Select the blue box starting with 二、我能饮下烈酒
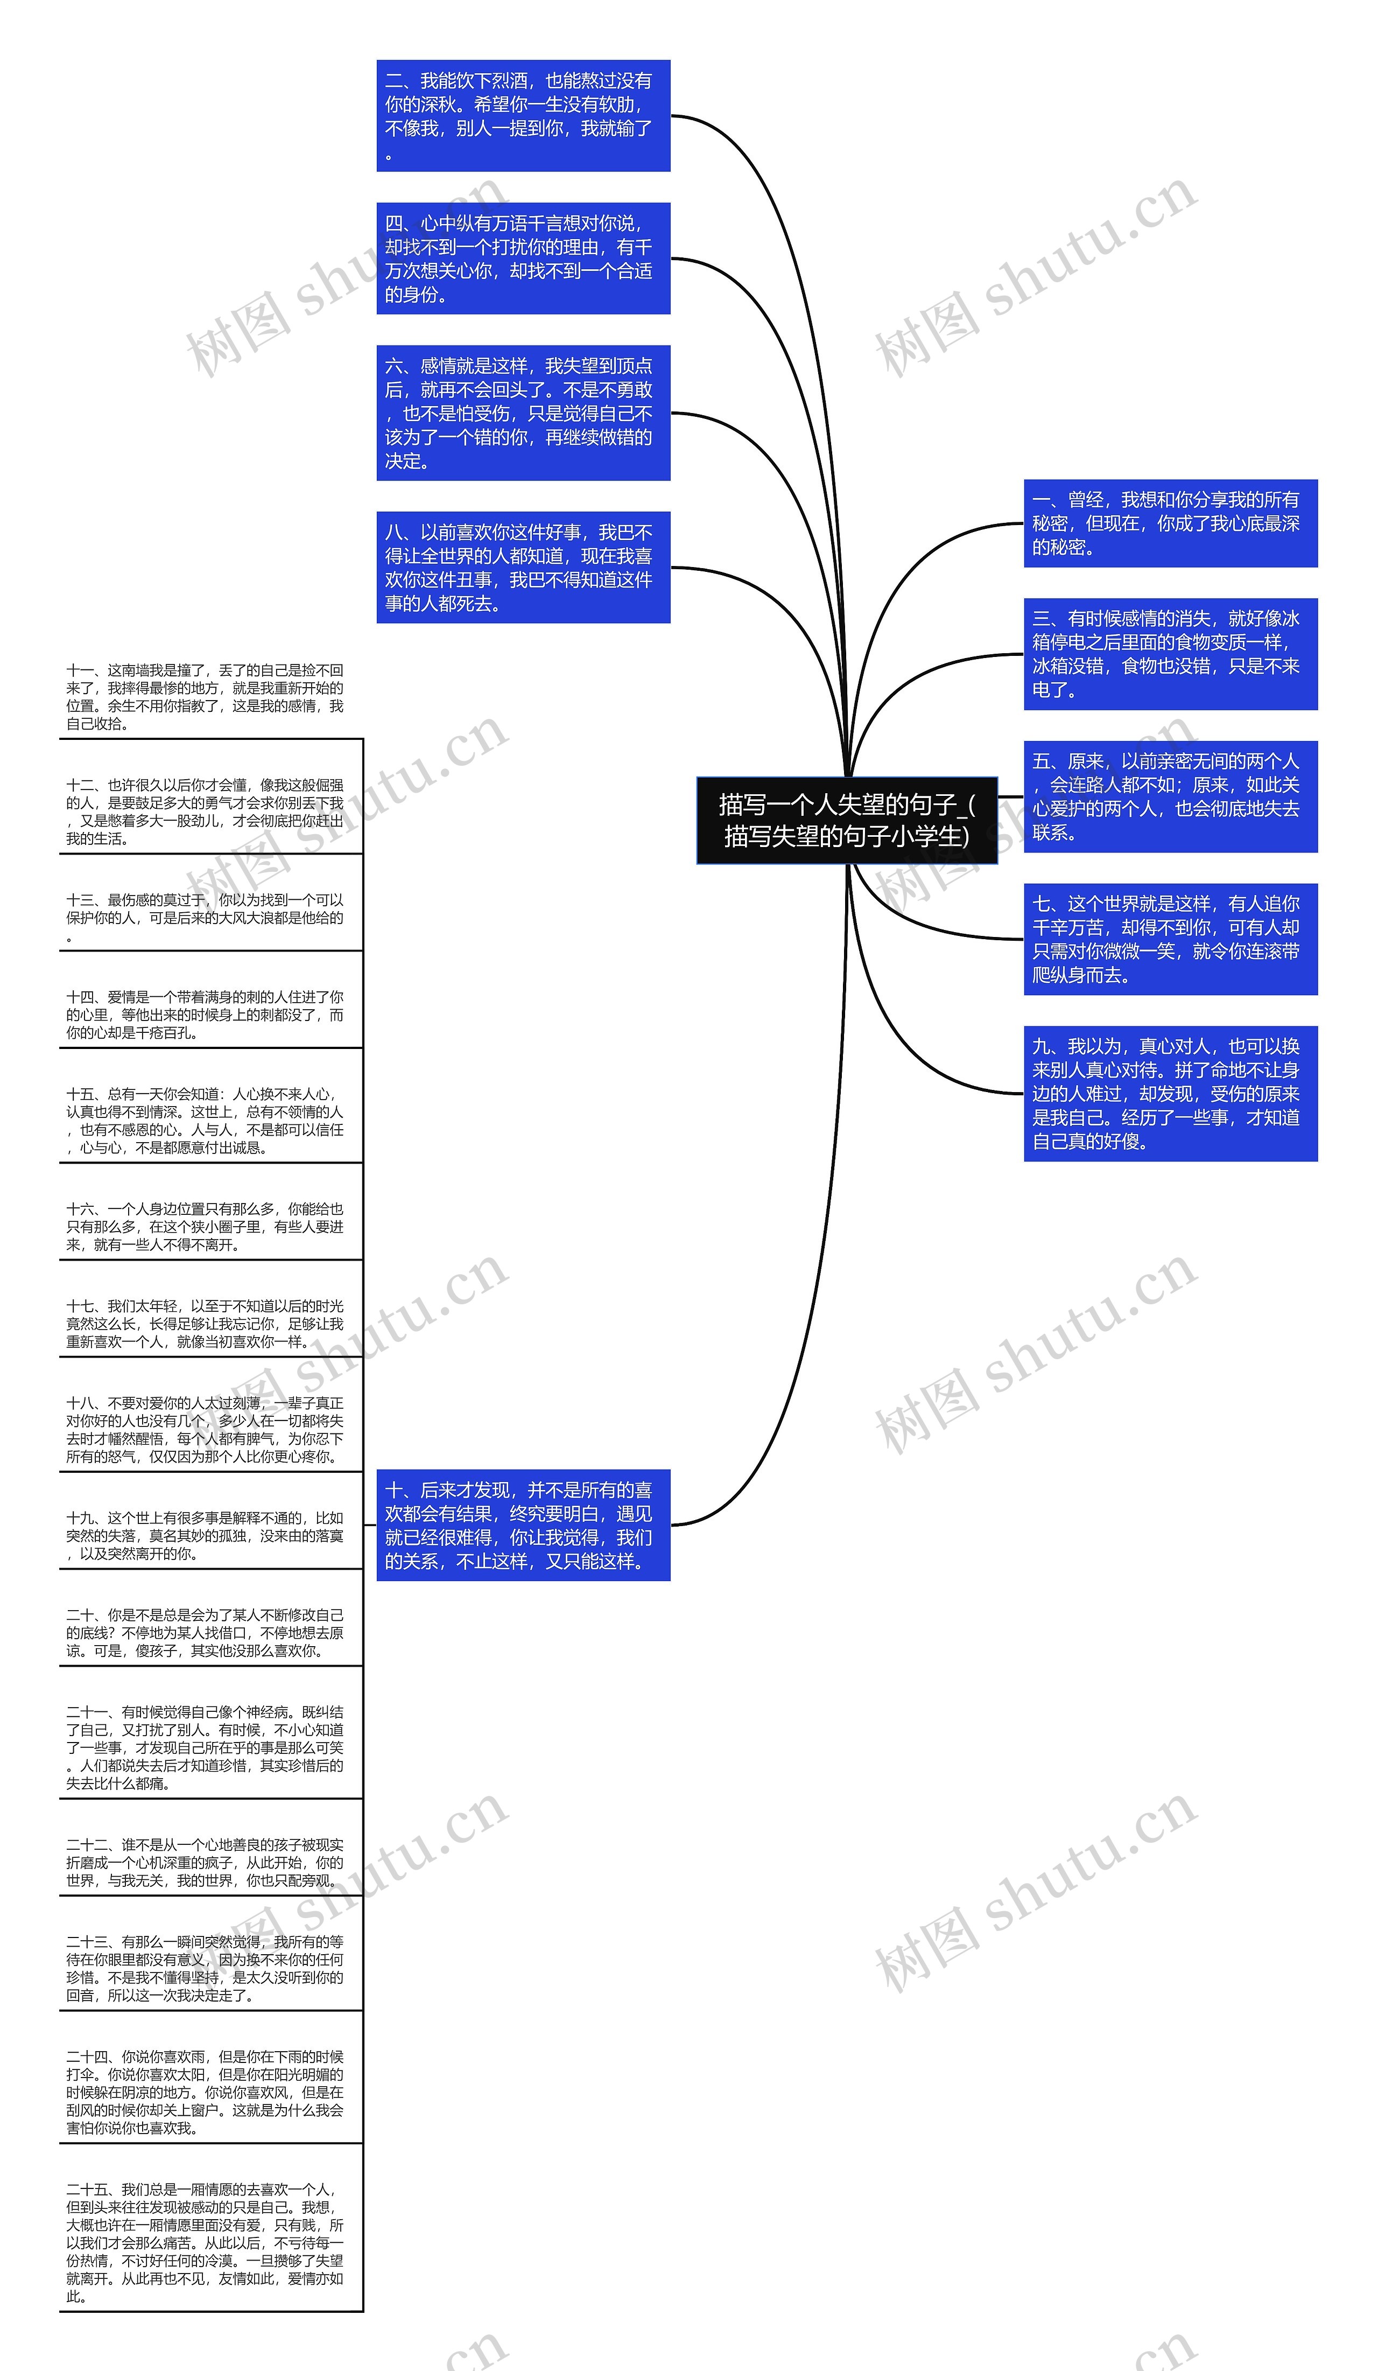click(x=523, y=116)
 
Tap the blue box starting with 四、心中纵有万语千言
click(x=523, y=258)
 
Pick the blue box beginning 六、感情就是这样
click(x=523, y=413)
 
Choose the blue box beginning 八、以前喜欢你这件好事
click(x=523, y=568)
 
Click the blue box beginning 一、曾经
click(x=1170, y=523)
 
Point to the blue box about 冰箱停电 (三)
click(x=1170, y=654)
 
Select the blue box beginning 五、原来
click(x=1170, y=797)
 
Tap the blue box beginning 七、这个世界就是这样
click(x=1170, y=939)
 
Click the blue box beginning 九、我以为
click(x=1170, y=1093)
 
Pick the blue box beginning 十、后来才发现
click(x=523, y=1525)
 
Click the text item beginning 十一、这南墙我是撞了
click(x=205, y=697)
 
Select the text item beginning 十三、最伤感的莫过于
click(x=205, y=918)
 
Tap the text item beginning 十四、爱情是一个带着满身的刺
click(x=205, y=1015)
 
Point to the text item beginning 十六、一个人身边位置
click(x=205, y=1227)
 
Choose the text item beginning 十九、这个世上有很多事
click(x=205, y=1535)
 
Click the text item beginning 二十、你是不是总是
click(x=205, y=1632)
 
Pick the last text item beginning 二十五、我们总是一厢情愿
click(x=205, y=2242)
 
